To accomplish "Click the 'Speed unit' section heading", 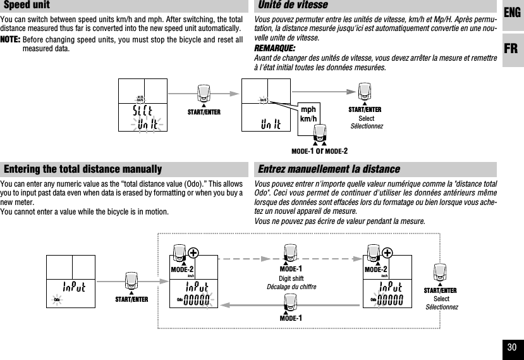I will point(27,6).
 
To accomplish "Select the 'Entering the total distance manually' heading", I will point(83,170).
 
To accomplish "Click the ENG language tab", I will point(513,12).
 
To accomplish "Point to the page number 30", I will point(511,347).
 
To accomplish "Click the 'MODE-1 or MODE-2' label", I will point(319,151).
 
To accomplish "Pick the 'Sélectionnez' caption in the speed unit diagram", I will point(367,127).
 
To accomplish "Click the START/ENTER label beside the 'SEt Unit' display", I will point(204,112).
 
